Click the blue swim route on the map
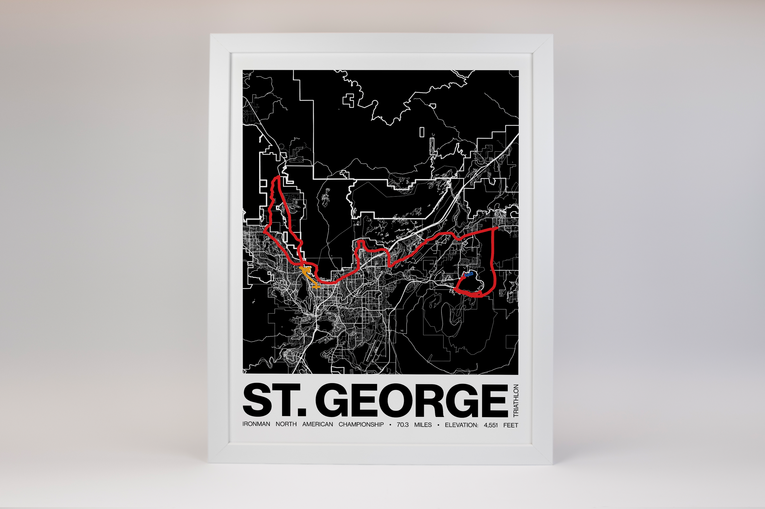[x=469, y=275]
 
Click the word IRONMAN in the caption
[x=256, y=424]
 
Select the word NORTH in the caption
[x=286, y=424]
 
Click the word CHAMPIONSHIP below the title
[x=361, y=425]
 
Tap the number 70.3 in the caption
[x=402, y=425]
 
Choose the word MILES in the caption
[x=423, y=425]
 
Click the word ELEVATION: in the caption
[x=461, y=425]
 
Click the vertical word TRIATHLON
[x=516, y=401]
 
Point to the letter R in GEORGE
[x=429, y=400]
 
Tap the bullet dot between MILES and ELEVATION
[x=438, y=425]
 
